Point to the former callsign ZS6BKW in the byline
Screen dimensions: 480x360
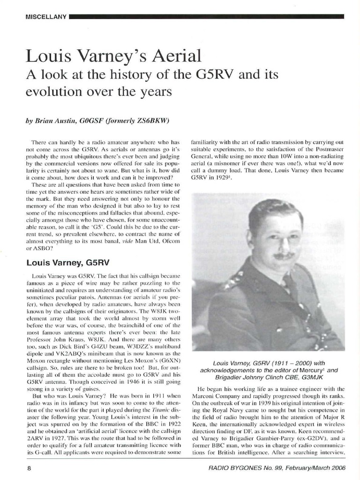149,120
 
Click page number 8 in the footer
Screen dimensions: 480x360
29,467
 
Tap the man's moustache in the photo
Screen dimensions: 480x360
283,256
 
